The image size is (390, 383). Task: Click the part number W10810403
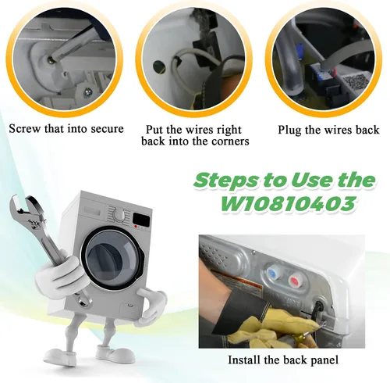tap(288, 203)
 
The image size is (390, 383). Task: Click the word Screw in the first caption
tap(25, 129)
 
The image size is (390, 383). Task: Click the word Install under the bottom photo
tap(244, 360)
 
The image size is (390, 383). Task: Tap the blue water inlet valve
tap(272, 274)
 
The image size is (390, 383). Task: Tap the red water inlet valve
tap(295, 281)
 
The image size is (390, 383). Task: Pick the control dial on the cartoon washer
tap(119, 216)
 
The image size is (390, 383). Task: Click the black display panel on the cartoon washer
tap(141, 220)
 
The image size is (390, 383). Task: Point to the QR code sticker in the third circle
tap(355, 82)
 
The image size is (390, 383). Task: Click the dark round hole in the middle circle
tap(159, 66)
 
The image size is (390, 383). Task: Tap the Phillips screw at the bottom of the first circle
tap(87, 91)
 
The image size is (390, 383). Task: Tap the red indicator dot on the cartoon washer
tap(136, 227)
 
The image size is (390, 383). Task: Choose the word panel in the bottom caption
tap(325, 360)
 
